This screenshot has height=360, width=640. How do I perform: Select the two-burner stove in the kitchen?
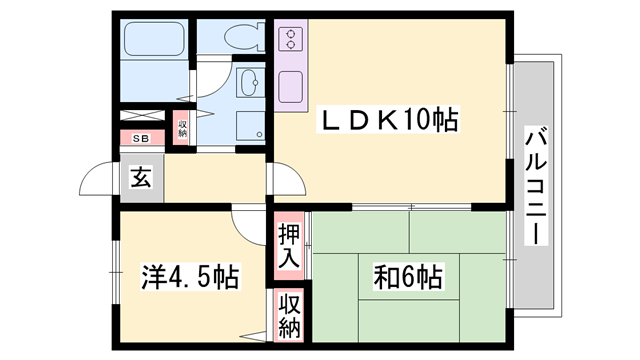293,41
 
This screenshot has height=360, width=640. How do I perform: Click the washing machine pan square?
248,126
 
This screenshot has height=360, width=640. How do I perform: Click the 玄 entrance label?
141,180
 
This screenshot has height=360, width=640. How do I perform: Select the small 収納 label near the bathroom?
183,127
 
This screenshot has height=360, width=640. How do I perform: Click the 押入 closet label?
288,245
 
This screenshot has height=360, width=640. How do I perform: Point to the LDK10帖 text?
388,121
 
